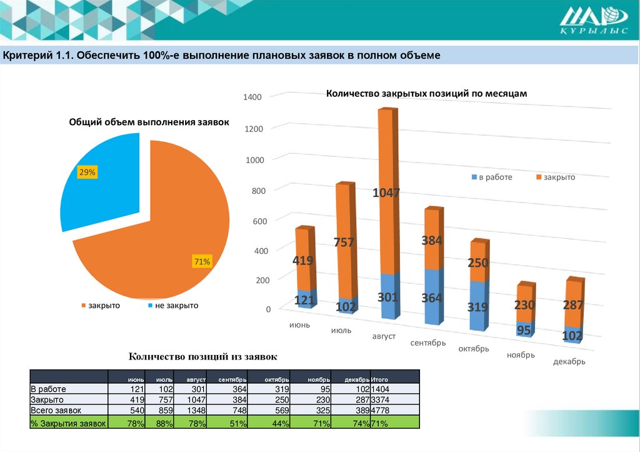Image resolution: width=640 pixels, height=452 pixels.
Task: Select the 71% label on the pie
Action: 202,262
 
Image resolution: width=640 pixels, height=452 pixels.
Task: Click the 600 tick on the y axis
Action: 259,221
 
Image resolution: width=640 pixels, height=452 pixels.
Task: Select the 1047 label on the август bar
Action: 386,193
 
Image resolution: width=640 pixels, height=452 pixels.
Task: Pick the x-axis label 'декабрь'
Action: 569,362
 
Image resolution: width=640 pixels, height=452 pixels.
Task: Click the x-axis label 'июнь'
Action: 300,324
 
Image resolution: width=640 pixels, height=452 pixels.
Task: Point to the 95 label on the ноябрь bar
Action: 524,329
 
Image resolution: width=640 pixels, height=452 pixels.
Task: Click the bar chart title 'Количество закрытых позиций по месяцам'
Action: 427,93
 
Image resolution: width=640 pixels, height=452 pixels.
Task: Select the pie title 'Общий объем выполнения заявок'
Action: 149,123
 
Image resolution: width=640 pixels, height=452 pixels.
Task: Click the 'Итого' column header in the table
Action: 380,379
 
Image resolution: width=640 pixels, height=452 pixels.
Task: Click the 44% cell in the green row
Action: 281,423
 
